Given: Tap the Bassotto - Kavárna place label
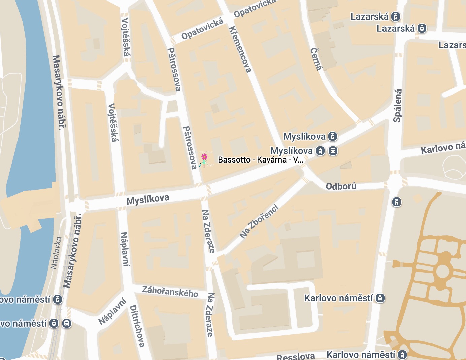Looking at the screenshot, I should coord(261,160).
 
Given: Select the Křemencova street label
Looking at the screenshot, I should coord(240,49).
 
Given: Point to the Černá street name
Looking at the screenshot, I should coord(316,59).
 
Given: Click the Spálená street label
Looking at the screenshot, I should coord(398,106).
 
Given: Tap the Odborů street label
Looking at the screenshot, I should coord(341,186).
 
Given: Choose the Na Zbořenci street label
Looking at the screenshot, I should coord(259,221).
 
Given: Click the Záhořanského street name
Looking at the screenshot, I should coord(170,291).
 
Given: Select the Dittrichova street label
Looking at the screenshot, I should coord(137,326).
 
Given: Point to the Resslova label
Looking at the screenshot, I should coord(296,356).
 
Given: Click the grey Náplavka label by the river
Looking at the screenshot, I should coord(56,253).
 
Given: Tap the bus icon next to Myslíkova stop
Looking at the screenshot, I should coord(333,151).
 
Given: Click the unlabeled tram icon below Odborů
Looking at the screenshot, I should coord(397,202).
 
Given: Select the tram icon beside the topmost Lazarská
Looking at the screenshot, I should coord(396,16).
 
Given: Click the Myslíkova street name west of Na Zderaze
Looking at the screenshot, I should coord(147,199).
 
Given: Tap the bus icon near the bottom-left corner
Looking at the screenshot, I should coord(67,324).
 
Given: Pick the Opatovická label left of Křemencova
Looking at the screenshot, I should coord(202,29).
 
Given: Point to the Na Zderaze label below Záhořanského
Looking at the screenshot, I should coord(210,315).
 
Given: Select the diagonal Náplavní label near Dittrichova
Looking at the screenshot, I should coord(112,311).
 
